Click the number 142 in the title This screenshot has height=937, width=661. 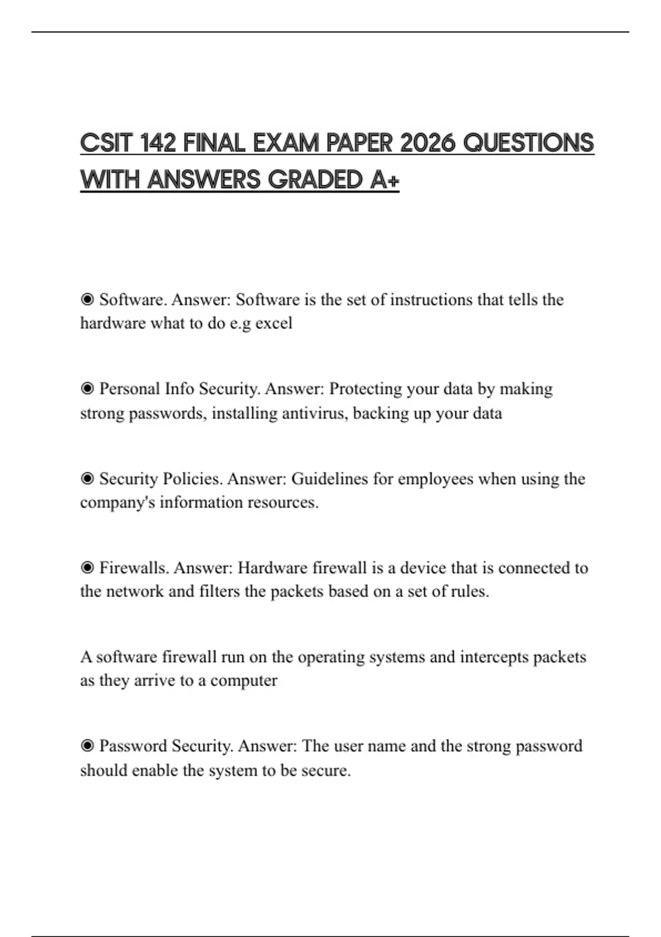[158, 143]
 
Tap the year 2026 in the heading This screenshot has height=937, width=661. [427, 143]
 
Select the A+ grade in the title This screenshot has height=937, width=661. [384, 180]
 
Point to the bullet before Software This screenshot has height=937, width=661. [87, 299]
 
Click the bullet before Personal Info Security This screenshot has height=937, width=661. [87, 389]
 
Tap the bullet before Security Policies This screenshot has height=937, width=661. [87, 478]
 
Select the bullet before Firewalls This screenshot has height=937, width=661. [87, 568]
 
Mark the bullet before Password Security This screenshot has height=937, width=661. [87, 746]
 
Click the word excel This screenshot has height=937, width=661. [274, 323]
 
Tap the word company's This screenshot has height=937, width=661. [117, 503]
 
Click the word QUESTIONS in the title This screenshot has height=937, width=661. [528, 143]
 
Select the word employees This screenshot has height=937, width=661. [435, 478]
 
